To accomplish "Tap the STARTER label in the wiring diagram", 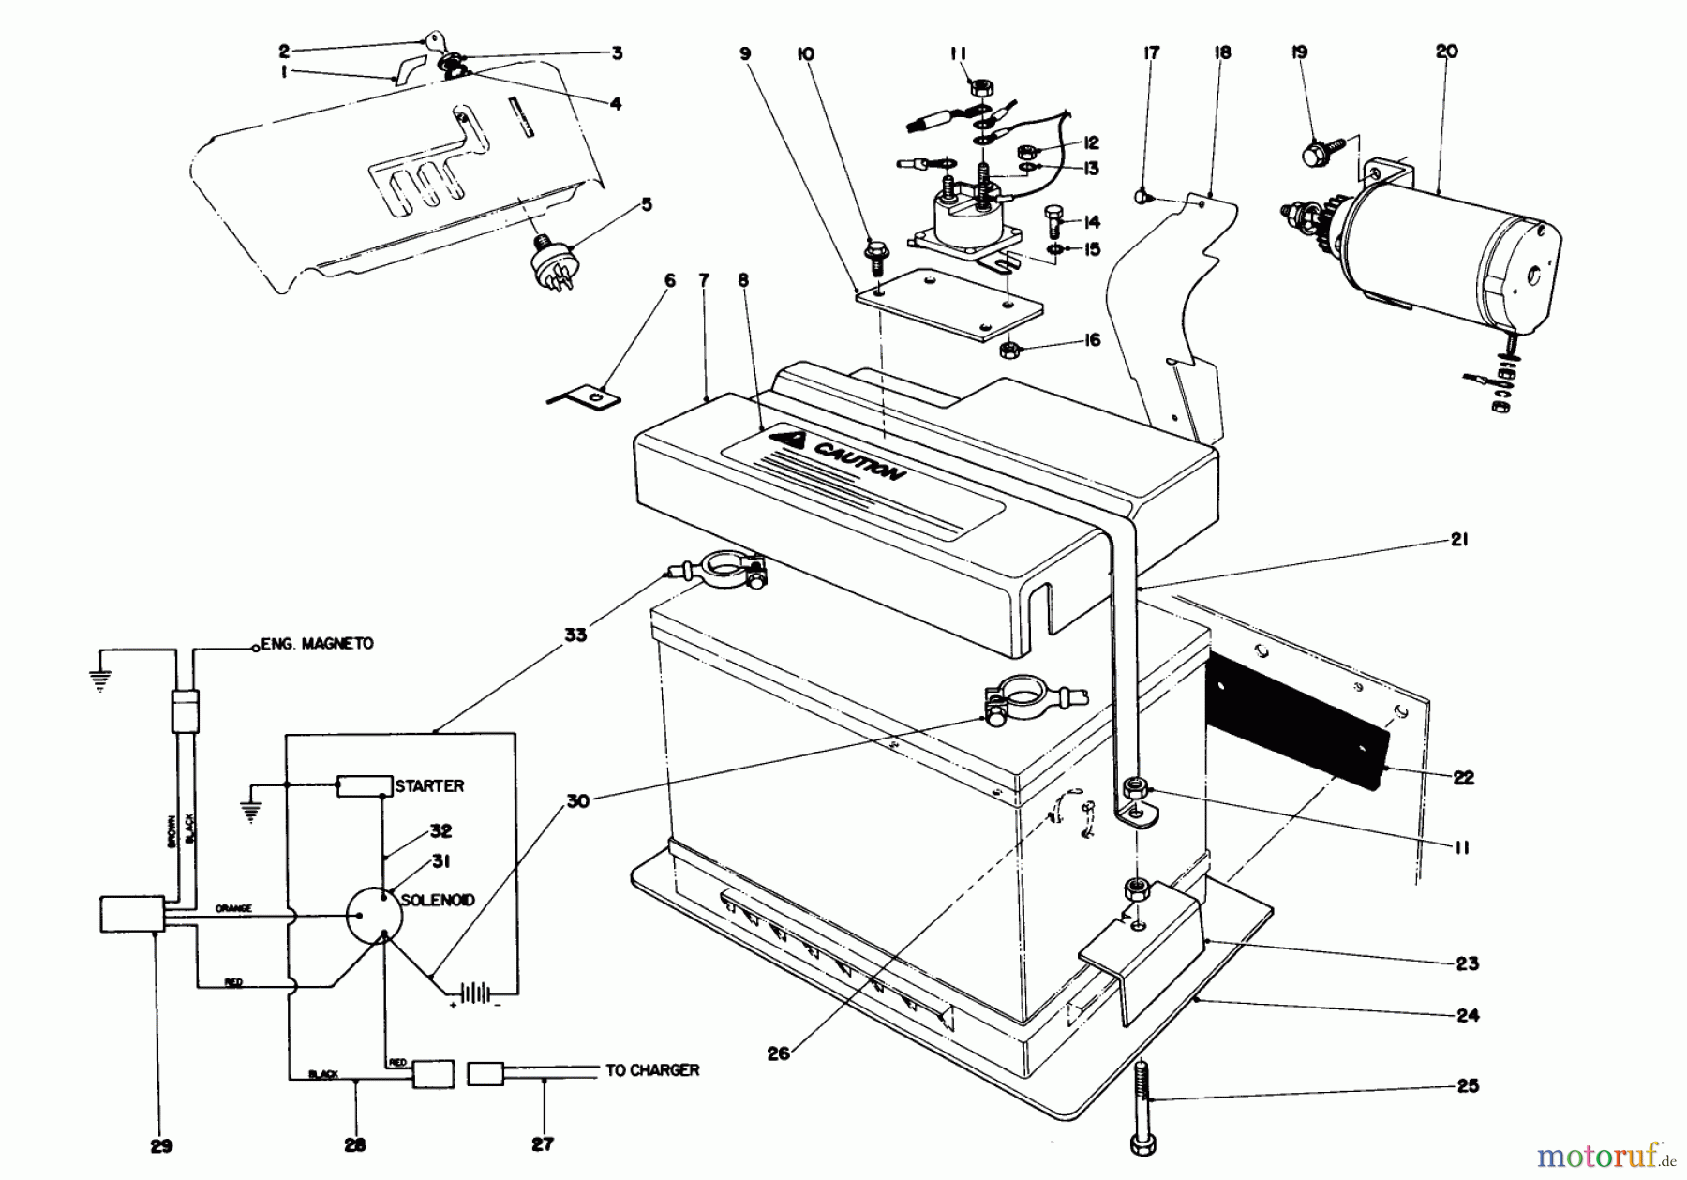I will [x=429, y=785].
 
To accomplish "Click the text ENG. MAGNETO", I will [x=318, y=644].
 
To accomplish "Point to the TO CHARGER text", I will [x=652, y=1069].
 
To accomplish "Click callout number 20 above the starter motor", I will [x=1446, y=52].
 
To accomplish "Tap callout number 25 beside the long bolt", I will [x=1468, y=1085].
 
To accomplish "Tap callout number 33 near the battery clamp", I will [x=575, y=635].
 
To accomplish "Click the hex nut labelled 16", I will [x=1011, y=350].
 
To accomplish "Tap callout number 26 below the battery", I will [x=778, y=1053].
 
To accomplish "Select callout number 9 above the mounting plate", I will [x=745, y=53].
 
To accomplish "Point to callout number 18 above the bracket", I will [x=1222, y=52].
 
